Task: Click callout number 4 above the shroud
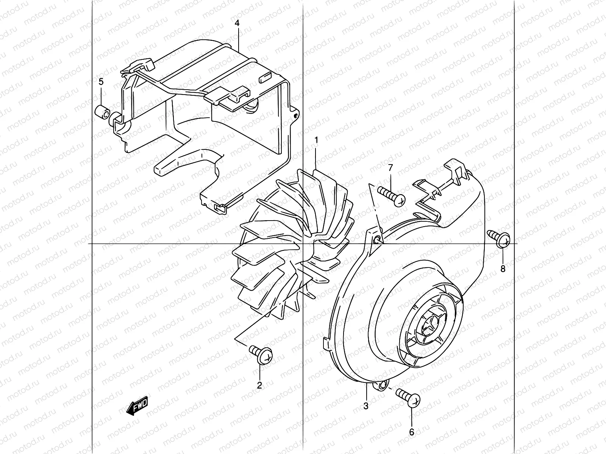tap(237, 23)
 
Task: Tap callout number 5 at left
tap(101, 81)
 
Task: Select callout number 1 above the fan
tap(316, 141)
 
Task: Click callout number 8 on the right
tap(503, 269)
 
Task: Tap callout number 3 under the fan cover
tap(366, 406)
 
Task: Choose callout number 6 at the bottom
tap(412, 432)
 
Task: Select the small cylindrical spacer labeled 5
tap(103, 112)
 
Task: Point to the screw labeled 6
tap(408, 398)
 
